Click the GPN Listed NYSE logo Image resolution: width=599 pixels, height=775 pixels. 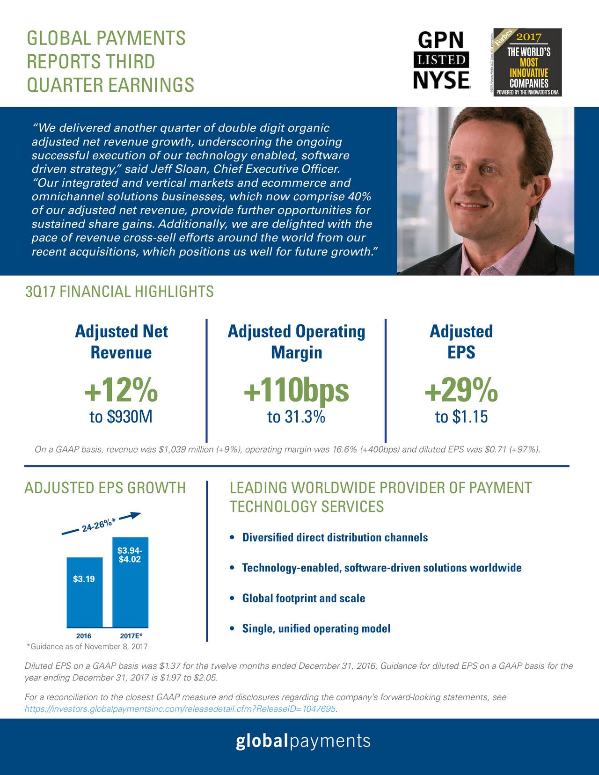pyautogui.click(x=441, y=60)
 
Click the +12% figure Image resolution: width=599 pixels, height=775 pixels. pyautogui.click(x=121, y=391)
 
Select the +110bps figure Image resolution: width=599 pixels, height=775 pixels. pyautogui.click(x=296, y=391)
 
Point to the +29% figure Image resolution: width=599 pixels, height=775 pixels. pyautogui.click(x=461, y=391)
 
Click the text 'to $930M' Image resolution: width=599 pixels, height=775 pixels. pyautogui.click(x=121, y=417)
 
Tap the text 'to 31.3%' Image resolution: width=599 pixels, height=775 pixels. pyautogui.click(x=296, y=417)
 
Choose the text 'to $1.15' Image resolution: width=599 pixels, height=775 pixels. pyautogui.click(x=461, y=417)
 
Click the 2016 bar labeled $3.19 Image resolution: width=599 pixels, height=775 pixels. pyautogui.click(x=84, y=592)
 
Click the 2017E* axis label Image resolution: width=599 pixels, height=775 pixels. pyautogui.click(x=131, y=636)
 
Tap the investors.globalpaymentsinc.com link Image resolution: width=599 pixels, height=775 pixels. pyautogui.click(x=180, y=709)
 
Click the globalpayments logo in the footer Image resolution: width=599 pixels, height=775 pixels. pyautogui.click(x=303, y=741)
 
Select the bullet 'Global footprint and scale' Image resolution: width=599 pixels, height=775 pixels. pyautogui.click(x=303, y=599)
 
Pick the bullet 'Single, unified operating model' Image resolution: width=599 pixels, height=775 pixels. pyautogui.click(x=316, y=629)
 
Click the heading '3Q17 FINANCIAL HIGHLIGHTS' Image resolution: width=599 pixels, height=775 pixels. pyautogui.click(x=119, y=292)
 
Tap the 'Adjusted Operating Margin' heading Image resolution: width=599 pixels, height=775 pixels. pyautogui.click(x=296, y=342)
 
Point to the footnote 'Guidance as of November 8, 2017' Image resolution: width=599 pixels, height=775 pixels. pyautogui.click(x=87, y=647)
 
